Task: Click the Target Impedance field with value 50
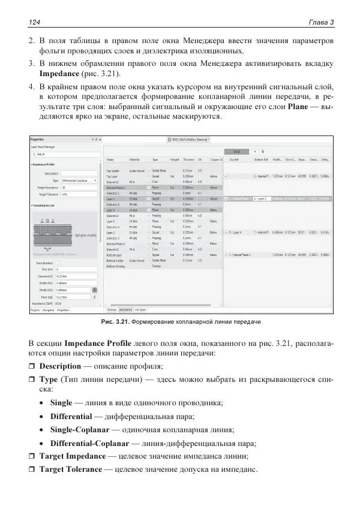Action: (75, 187)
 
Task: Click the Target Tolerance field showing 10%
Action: (75, 194)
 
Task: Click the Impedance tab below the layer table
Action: (125, 310)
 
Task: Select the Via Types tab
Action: (142, 310)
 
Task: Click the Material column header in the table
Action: (134, 160)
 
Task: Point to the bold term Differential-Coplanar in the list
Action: (89, 444)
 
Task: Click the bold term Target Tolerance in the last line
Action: (70, 469)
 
